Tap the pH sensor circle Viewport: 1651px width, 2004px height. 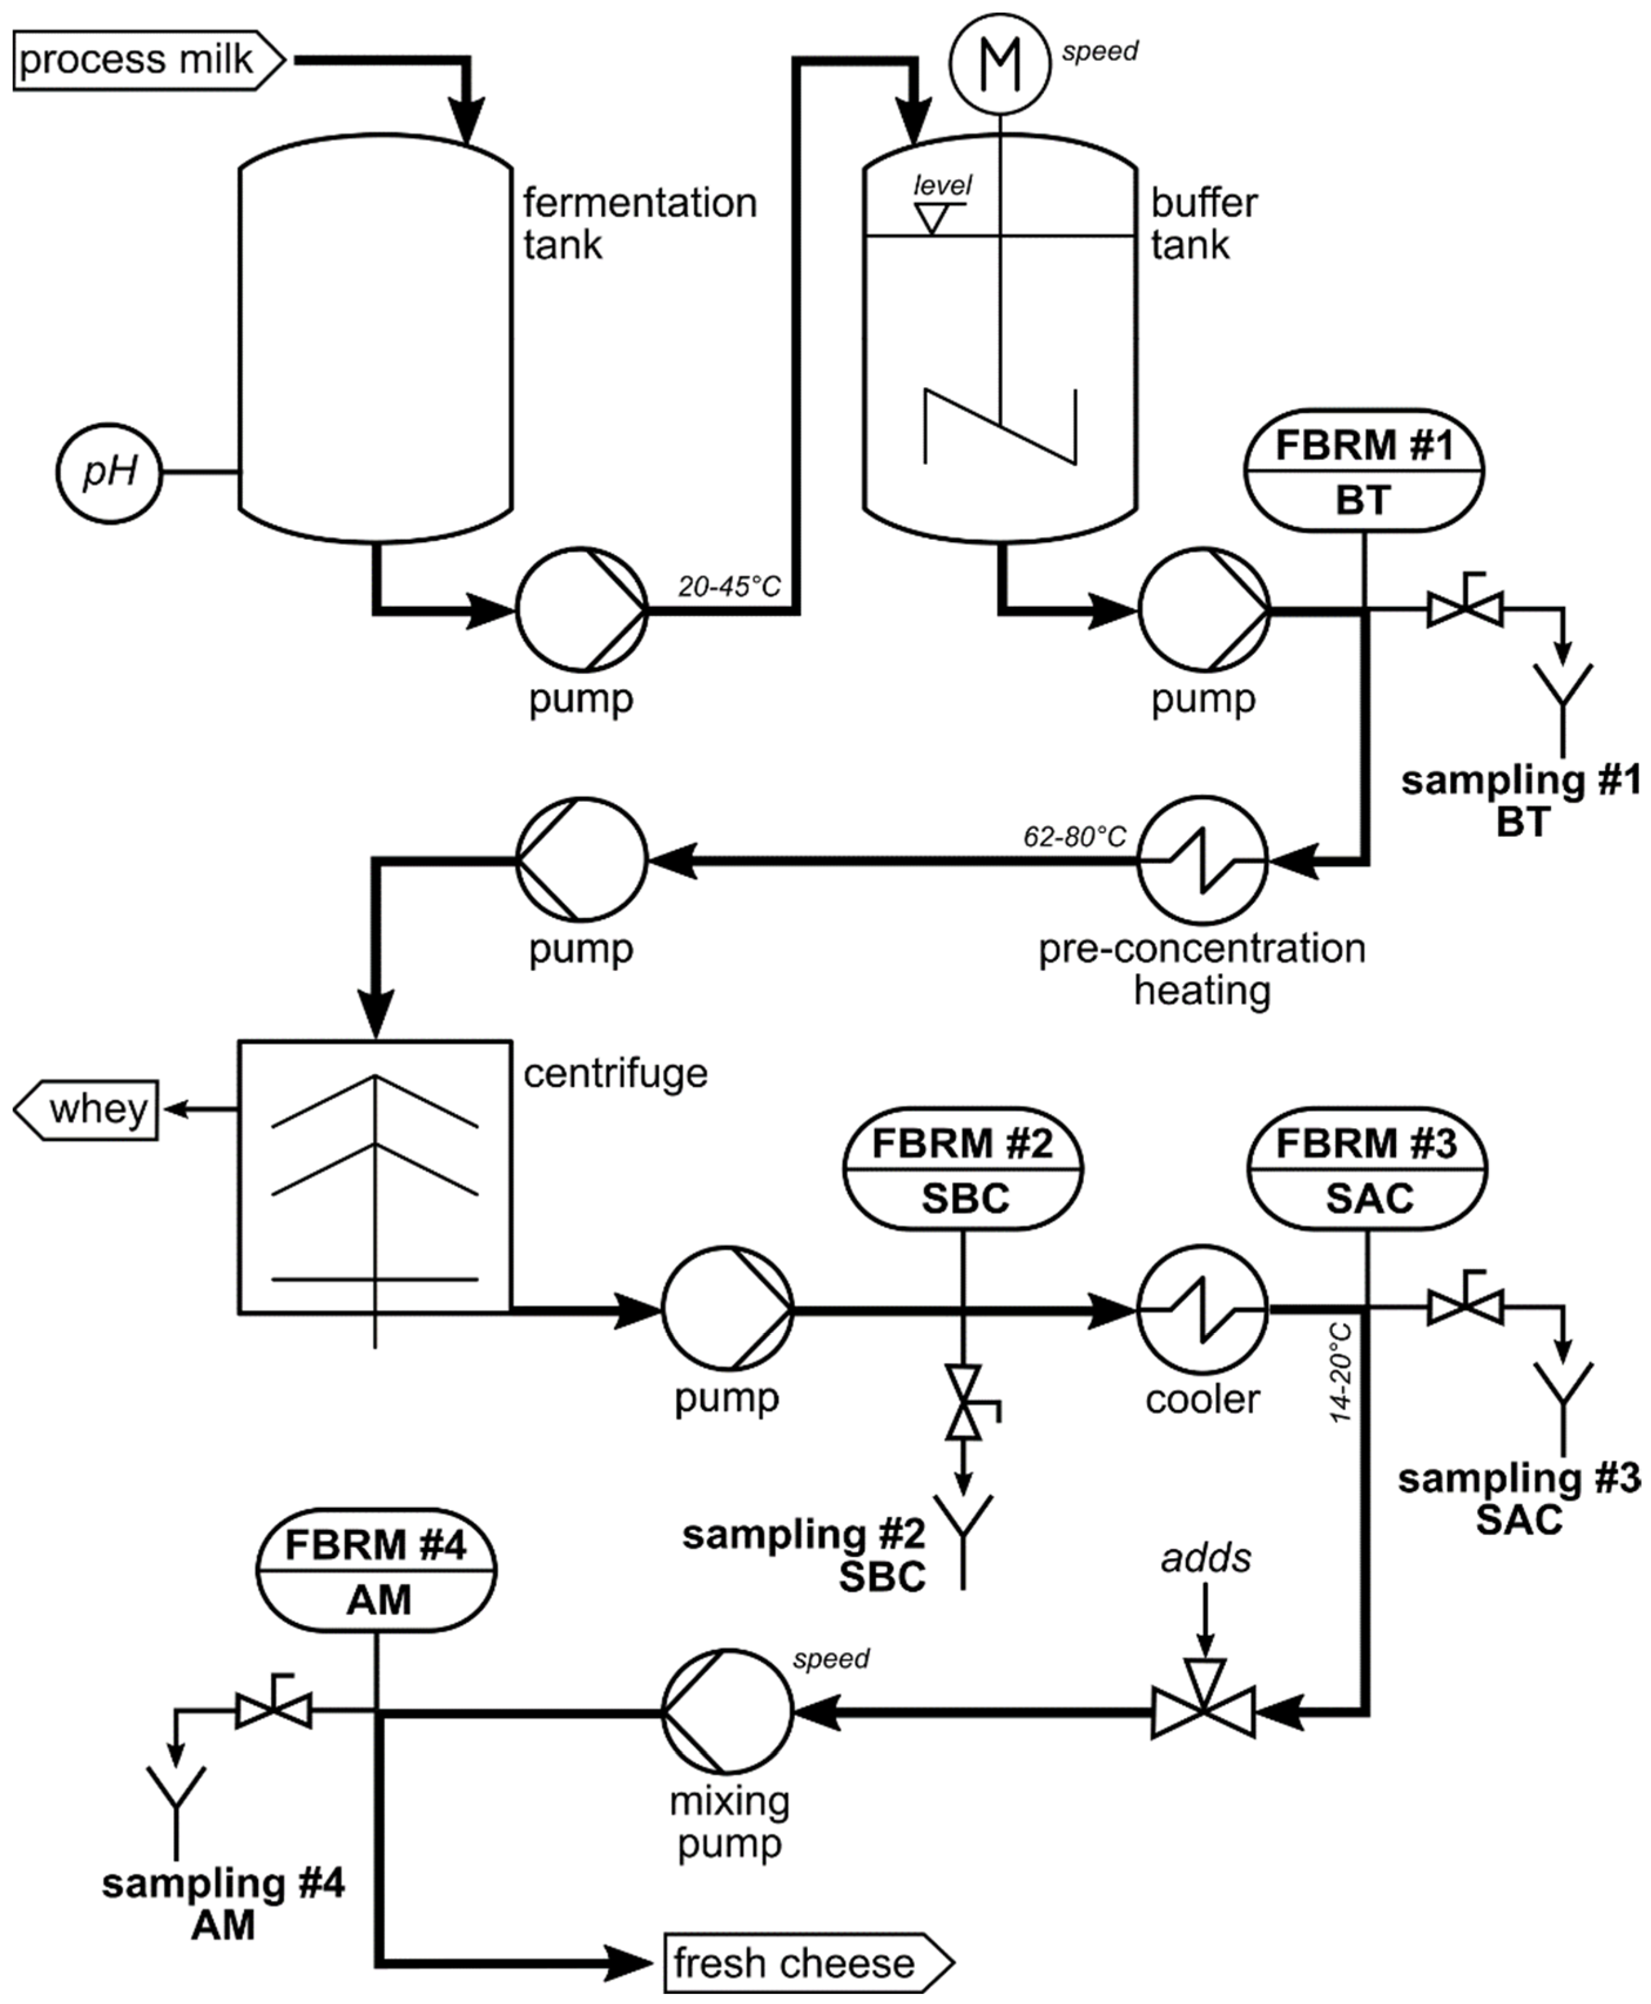(x=109, y=472)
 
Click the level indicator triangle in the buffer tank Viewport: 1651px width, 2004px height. (x=931, y=218)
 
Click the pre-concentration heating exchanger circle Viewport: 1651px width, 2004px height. (x=1203, y=861)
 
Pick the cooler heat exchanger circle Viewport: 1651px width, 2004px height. (x=1203, y=1309)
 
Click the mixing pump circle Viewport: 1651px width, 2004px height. (x=727, y=1712)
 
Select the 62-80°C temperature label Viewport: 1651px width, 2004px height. (x=1074, y=836)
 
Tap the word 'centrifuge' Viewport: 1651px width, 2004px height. (x=615, y=1073)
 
